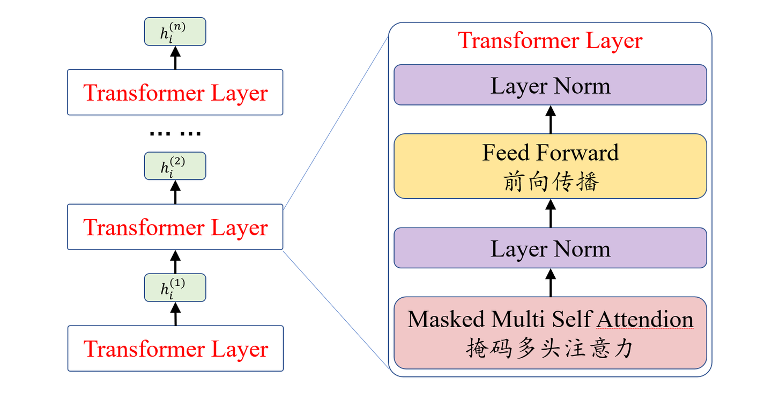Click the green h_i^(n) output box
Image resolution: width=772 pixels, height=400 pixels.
pyautogui.click(x=175, y=32)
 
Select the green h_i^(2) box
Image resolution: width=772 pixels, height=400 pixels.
pyautogui.click(x=175, y=166)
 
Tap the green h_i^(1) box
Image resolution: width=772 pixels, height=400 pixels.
pyautogui.click(x=175, y=288)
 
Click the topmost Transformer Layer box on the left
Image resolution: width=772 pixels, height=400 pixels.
pyautogui.click(x=175, y=92)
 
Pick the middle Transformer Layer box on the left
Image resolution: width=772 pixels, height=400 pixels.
pyautogui.click(x=175, y=227)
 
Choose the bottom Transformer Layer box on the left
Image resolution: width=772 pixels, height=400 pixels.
pyautogui.click(x=175, y=348)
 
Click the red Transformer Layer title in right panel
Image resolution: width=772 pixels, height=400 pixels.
pyautogui.click(x=550, y=41)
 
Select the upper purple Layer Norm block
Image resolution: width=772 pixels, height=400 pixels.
pyautogui.click(x=550, y=85)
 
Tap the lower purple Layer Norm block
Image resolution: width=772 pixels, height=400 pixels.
pyautogui.click(x=550, y=248)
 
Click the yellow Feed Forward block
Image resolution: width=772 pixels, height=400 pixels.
pyautogui.click(x=550, y=166)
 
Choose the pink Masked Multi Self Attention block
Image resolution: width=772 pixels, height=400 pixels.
pyautogui.click(x=550, y=333)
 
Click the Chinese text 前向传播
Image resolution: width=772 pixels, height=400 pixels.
pyautogui.click(x=550, y=183)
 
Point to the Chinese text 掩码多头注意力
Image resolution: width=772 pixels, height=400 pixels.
pyautogui.click(x=550, y=349)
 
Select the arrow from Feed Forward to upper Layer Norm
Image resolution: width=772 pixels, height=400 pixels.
pyautogui.click(x=550, y=119)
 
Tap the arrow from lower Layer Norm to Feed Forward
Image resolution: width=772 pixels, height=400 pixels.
pyautogui.click(x=550, y=213)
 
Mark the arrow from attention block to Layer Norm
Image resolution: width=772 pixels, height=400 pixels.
pyautogui.click(x=550, y=282)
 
